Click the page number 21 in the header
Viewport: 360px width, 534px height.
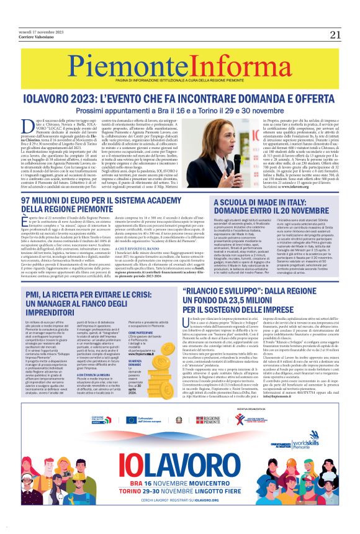(x=336, y=34)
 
